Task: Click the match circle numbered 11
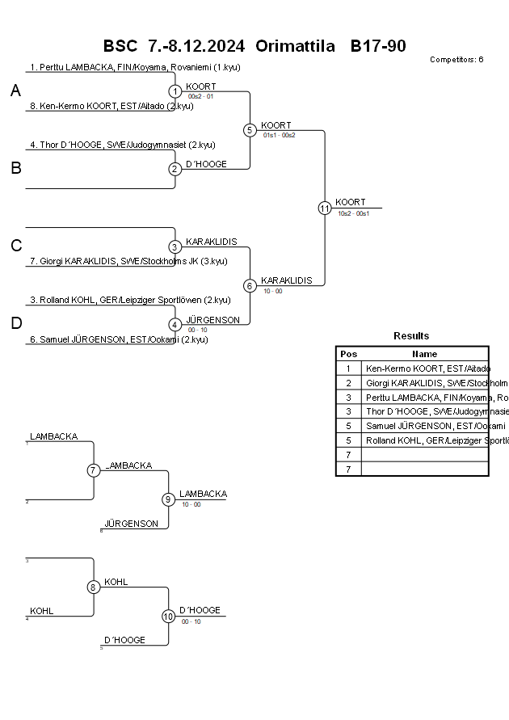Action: [x=325, y=208]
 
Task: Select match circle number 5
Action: [x=250, y=130]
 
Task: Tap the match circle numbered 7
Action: [x=94, y=470]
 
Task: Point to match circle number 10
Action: [x=168, y=617]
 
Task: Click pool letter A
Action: [x=15, y=91]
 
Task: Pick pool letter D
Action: [x=16, y=323]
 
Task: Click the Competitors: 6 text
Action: [x=456, y=59]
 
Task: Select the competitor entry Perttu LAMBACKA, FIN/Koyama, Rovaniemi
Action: [x=135, y=67]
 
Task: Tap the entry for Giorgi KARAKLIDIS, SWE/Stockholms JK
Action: [x=128, y=261]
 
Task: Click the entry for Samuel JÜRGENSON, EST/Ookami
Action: [x=119, y=339]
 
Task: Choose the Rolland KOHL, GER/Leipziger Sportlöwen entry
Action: [x=130, y=300]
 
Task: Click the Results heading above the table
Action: [x=411, y=335]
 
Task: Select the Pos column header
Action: [x=348, y=354]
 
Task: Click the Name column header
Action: [x=424, y=354]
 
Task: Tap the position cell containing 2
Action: [x=348, y=383]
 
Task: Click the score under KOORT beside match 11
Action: [x=354, y=213]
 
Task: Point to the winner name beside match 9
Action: [x=203, y=494]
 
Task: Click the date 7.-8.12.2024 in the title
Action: [x=197, y=46]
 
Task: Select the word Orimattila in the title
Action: [x=295, y=46]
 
